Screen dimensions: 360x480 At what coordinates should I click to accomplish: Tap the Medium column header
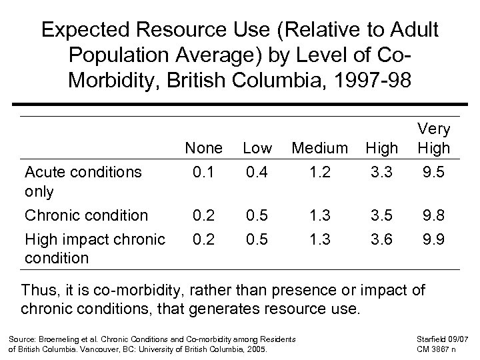click(x=320, y=147)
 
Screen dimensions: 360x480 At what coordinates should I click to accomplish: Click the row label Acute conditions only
click(x=82, y=181)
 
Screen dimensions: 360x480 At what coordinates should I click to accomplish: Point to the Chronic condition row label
click(x=86, y=215)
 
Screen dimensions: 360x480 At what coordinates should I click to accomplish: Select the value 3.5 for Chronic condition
click(x=382, y=215)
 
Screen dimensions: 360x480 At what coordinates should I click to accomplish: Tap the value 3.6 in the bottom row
click(x=382, y=239)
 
